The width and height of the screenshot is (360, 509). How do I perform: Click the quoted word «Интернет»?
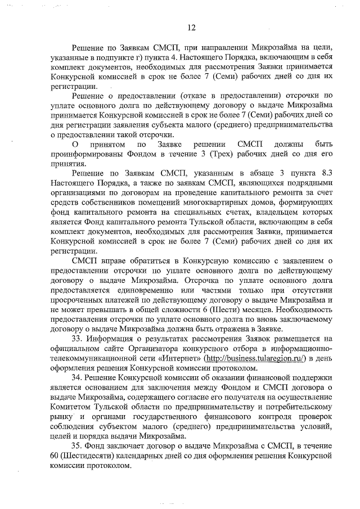pos(197,358)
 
